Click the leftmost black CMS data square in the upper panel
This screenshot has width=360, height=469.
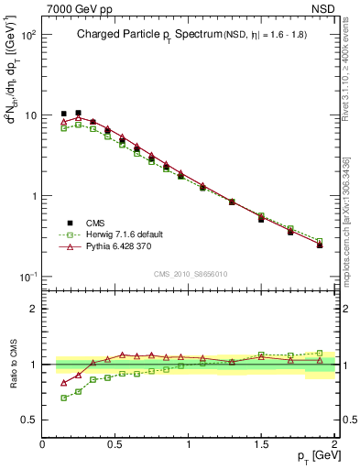coord(63,114)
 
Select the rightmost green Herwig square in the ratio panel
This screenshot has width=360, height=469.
coord(320,353)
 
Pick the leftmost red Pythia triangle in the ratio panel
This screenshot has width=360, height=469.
coord(63,383)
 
